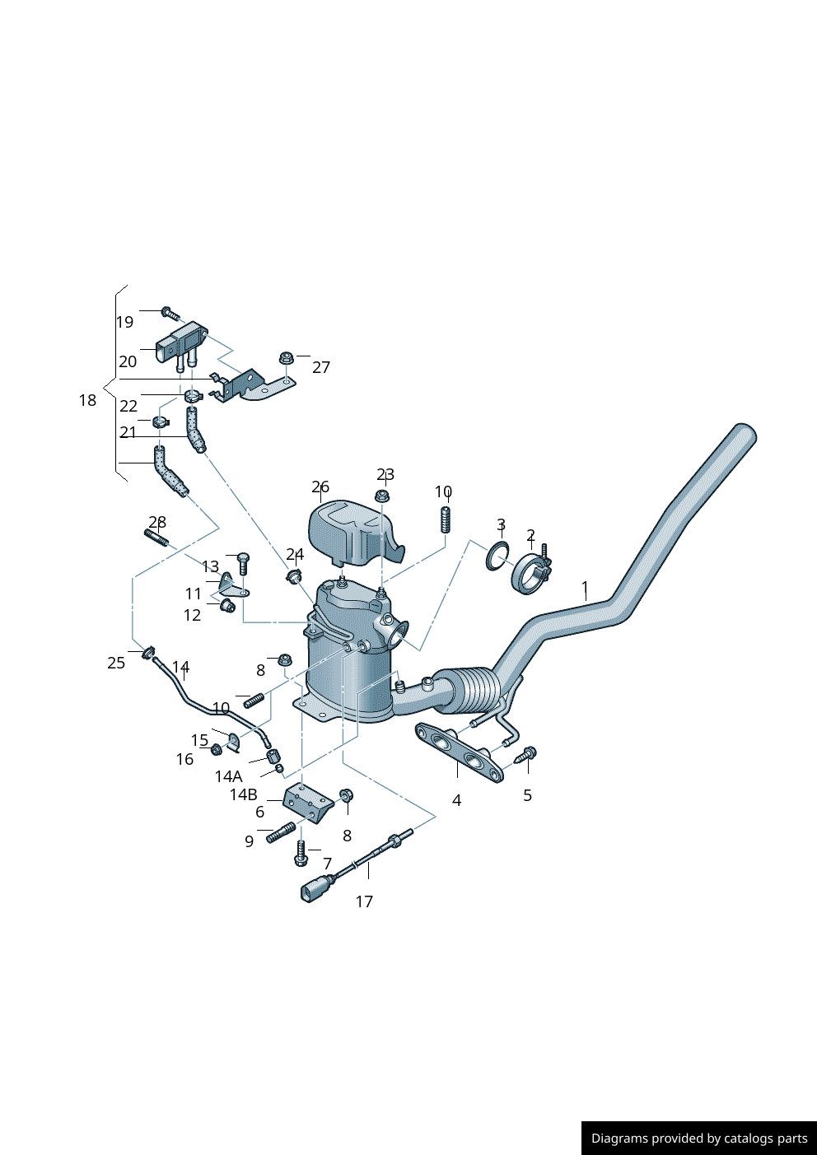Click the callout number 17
coord(364,901)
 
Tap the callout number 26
coord(320,487)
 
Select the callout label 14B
coord(244,794)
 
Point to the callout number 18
coord(87,400)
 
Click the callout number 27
coord(321,367)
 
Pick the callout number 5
coord(527,795)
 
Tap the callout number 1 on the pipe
coord(585,587)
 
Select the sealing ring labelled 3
coord(497,557)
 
